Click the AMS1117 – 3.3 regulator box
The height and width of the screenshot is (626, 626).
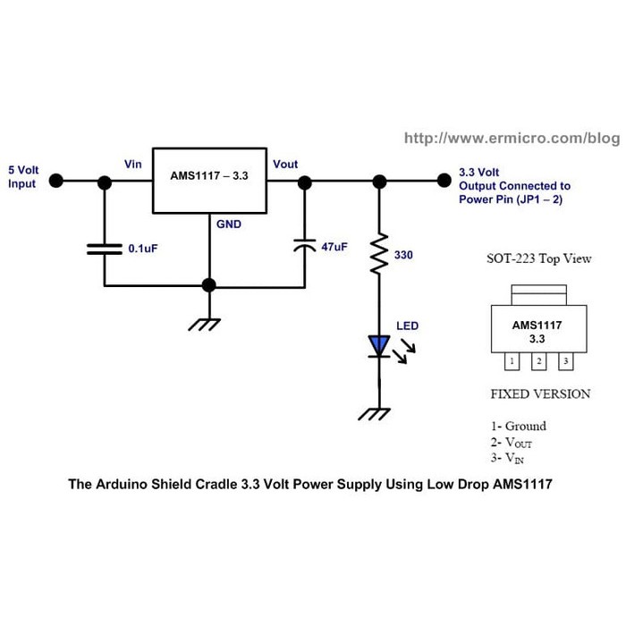pos(209,180)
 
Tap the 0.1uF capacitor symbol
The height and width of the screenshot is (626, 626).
pos(104,248)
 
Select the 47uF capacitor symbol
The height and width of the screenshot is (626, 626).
pos(305,244)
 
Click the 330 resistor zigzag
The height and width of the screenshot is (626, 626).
pos(379,254)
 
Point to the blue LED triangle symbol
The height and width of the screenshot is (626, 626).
pos(379,345)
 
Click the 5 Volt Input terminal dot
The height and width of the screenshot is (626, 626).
pos(55,181)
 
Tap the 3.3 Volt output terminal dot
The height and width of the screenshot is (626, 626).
pos(442,181)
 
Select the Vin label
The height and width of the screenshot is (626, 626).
pos(132,165)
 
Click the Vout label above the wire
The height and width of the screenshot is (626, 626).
pos(285,165)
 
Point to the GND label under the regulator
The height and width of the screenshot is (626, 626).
pos(229,224)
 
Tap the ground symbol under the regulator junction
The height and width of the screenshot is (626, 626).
pos(208,323)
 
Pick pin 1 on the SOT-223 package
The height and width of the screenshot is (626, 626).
pos(511,361)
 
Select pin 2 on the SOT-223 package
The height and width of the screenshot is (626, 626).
pos(538,361)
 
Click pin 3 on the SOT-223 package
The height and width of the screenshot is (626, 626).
pos(565,361)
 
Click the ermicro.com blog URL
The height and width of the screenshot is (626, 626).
pos(512,139)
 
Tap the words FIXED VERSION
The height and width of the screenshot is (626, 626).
pos(540,393)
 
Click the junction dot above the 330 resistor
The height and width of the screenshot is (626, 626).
pos(379,181)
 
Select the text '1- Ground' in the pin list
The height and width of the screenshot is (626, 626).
pos(519,426)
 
